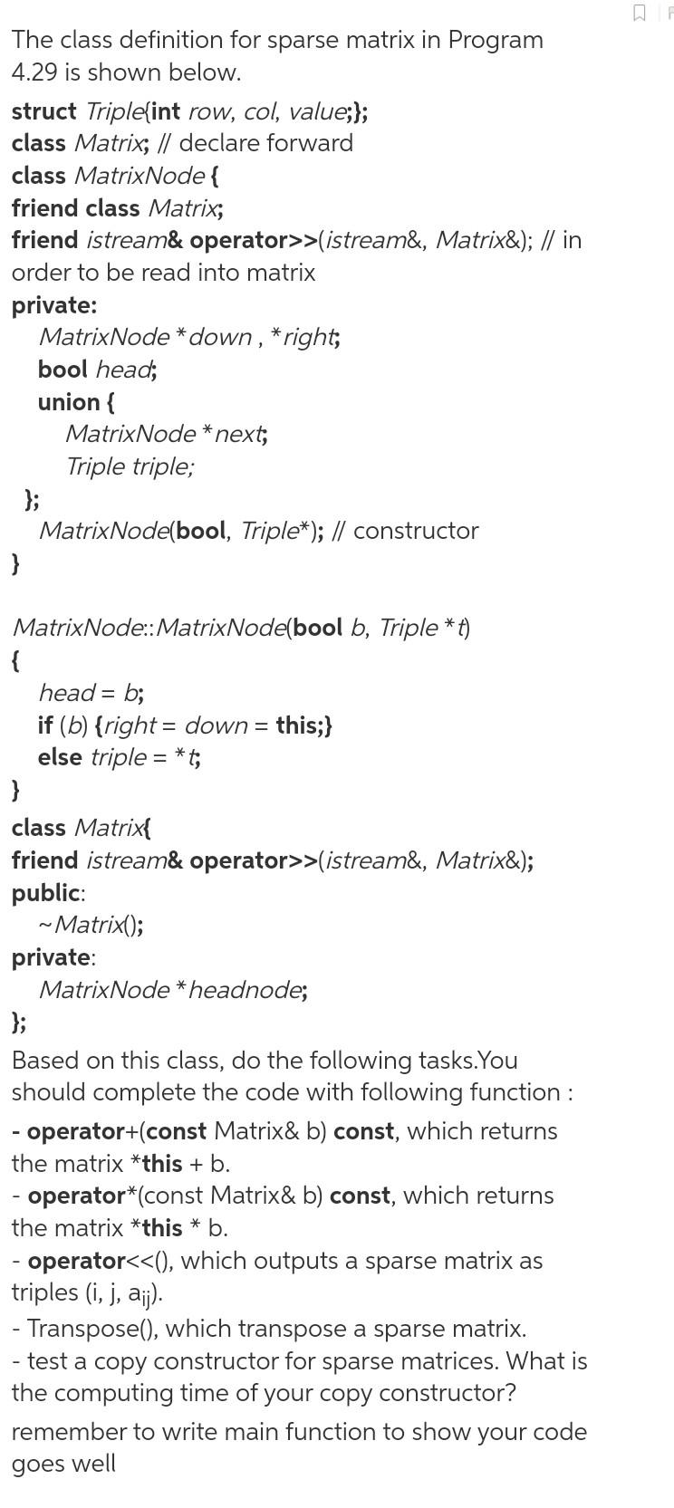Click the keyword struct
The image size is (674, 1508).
pyautogui.click(x=43, y=111)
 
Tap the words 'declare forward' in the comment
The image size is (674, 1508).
pyautogui.click(x=266, y=143)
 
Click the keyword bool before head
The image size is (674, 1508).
pyautogui.click(x=63, y=370)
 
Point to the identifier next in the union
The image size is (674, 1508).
pyautogui.click(x=239, y=434)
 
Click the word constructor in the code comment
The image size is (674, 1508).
pyautogui.click(x=416, y=531)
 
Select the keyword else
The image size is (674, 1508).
pyautogui.click(x=61, y=757)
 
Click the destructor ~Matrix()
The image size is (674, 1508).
pyautogui.click(x=90, y=925)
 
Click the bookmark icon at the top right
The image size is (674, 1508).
pyautogui.click(x=640, y=13)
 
